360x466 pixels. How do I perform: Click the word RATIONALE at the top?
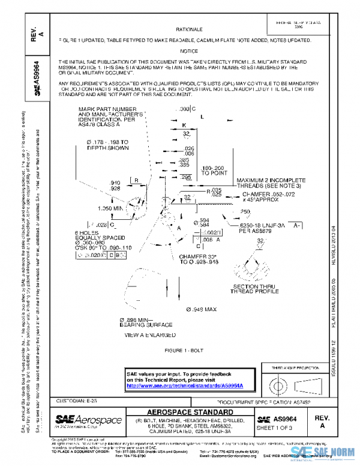pos(189,29)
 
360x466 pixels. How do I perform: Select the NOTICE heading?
pos(189,51)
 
